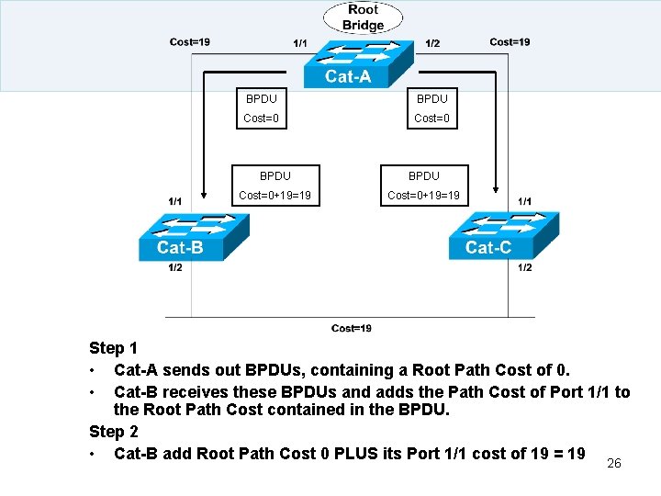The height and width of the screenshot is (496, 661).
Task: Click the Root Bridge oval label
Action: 363,17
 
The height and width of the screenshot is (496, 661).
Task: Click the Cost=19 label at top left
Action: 190,41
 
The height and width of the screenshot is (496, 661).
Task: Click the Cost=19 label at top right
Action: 510,41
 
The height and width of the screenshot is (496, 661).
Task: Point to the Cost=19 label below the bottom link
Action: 352,329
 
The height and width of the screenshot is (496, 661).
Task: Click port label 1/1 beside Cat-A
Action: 300,43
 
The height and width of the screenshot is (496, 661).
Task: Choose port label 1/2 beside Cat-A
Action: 432,43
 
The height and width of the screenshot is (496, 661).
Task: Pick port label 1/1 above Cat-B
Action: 174,201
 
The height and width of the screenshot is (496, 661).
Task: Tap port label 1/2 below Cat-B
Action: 174,268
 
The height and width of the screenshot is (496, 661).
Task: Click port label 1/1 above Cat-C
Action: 525,201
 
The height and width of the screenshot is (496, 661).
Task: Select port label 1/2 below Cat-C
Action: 525,268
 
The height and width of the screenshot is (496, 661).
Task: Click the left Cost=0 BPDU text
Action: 261,118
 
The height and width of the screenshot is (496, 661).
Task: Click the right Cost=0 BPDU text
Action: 431,118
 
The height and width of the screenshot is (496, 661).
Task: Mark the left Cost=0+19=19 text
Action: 274,195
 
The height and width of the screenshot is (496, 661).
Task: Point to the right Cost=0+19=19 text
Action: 423,195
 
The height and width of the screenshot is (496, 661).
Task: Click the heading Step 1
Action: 113,348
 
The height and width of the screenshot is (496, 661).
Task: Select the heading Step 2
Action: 113,432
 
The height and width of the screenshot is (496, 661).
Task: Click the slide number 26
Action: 614,463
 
